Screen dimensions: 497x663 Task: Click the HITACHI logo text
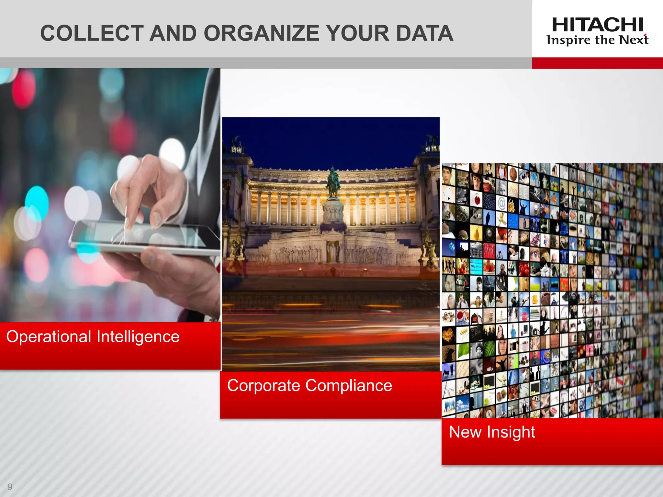point(597,25)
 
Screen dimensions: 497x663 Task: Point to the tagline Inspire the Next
point(597,40)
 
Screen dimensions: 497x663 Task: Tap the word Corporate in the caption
point(264,386)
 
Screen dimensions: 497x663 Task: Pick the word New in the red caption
point(465,432)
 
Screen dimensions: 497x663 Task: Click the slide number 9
point(10,487)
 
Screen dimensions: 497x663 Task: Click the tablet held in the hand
point(146,235)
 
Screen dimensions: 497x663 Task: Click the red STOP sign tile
point(524,316)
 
